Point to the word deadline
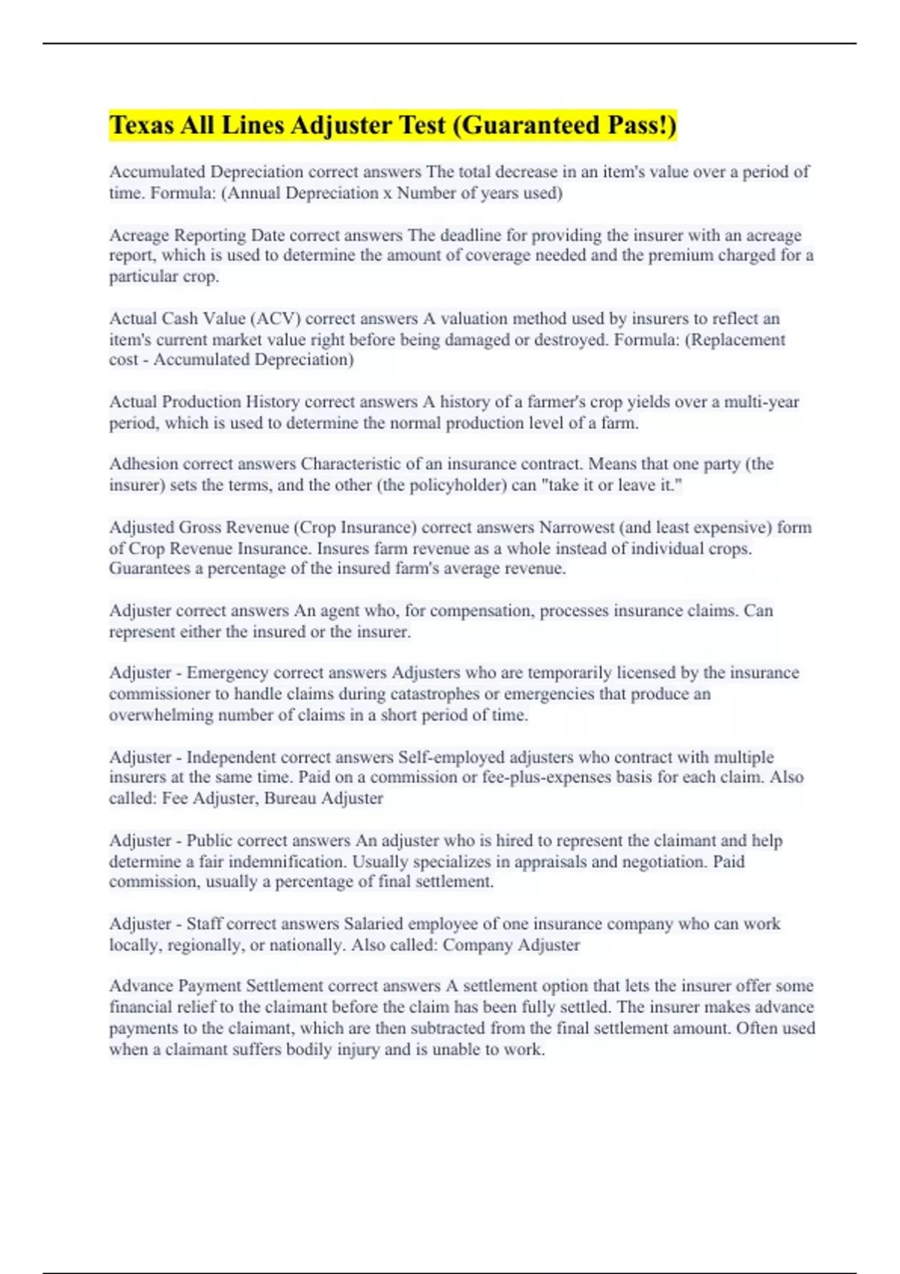pos(471,235)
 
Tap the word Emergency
pos(227,673)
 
